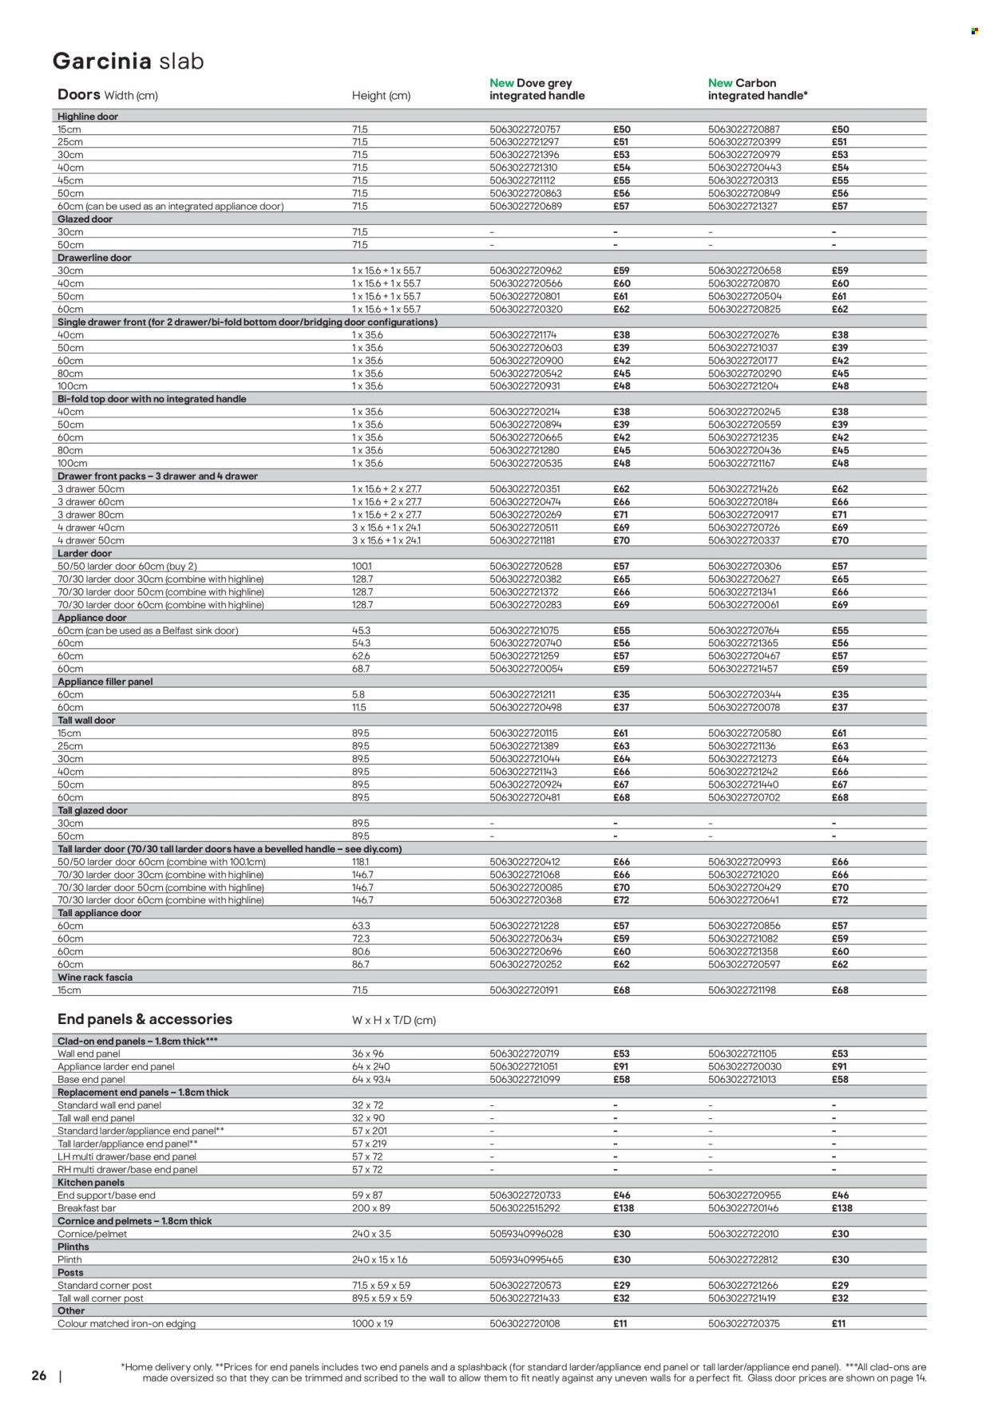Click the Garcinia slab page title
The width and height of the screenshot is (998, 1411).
tap(128, 61)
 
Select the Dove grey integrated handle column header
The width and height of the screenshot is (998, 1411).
tap(537, 89)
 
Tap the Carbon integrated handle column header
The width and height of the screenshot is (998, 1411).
tap(758, 89)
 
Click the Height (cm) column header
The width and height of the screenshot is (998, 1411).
tap(381, 96)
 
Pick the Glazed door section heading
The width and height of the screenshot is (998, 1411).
tap(85, 219)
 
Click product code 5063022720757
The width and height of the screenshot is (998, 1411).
tap(525, 129)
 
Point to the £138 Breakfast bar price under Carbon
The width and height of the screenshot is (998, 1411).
tap(842, 1208)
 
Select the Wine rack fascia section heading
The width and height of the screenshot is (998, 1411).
tap(95, 977)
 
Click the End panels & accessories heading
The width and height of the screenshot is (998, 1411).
tap(145, 1019)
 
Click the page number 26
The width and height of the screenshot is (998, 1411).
tap(39, 1376)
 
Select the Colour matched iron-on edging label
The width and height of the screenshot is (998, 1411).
tap(126, 1323)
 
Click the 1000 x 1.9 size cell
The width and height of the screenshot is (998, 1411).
tap(372, 1323)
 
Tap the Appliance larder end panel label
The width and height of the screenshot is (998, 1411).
tap(116, 1066)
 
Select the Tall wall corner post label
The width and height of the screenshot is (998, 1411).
tap(101, 1298)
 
